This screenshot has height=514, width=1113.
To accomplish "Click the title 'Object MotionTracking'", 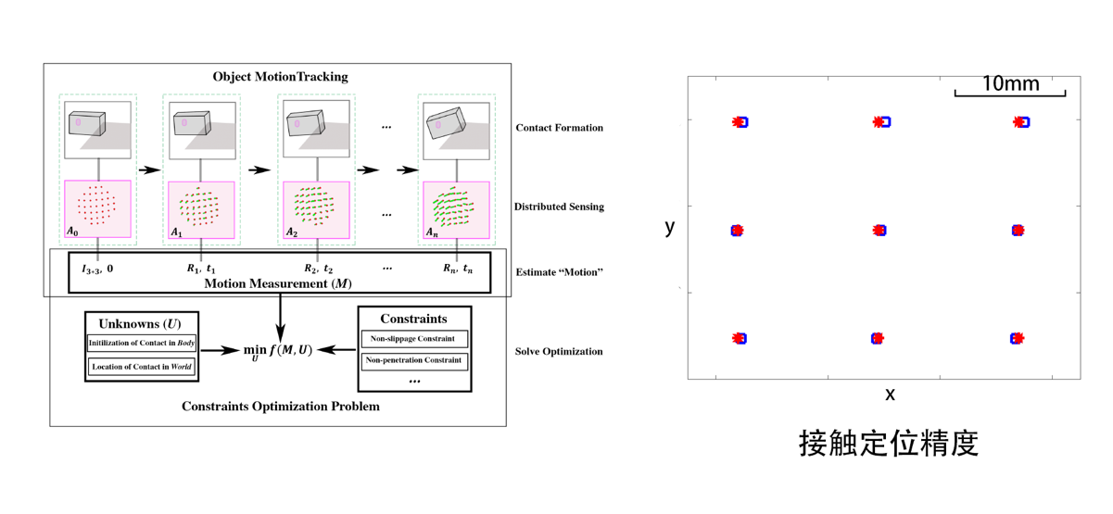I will point(280,76).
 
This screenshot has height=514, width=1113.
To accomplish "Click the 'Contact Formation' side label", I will point(559,128).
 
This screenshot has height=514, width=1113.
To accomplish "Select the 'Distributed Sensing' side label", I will point(559,207).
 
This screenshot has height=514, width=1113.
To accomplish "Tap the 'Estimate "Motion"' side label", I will point(559,272).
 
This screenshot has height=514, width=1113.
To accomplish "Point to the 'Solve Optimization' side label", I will point(559,352).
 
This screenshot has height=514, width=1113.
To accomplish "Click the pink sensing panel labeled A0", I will point(98,209).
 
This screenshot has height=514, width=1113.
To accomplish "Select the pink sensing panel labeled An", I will point(457,209).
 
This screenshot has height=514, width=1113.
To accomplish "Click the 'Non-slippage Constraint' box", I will point(414,339).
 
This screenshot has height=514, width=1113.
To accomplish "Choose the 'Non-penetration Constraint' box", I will point(414,361).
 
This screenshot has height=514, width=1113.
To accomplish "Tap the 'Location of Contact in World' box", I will point(142,367).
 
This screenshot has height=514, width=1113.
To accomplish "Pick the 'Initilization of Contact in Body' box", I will point(142,344).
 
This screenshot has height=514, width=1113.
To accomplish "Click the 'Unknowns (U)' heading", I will point(140,324).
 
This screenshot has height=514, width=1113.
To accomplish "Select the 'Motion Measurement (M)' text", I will point(278,283).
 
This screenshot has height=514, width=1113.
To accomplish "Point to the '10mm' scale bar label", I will point(1010,84).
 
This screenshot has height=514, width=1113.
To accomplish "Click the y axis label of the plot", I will point(670,226).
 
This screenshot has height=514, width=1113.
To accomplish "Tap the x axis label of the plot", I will point(890,395).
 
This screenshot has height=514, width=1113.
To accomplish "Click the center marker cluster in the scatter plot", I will point(879,230).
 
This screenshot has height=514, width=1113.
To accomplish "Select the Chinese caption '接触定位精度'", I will point(889,444).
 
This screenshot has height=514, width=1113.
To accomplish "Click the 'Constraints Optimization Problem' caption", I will point(280,406).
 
